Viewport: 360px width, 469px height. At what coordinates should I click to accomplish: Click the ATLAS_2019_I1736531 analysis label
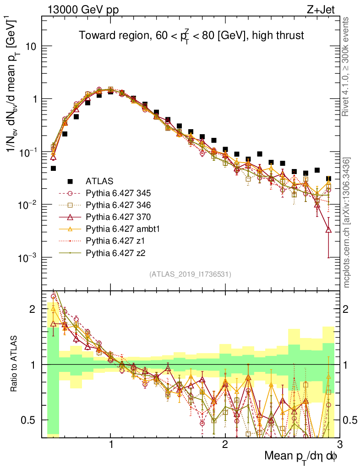[x=190, y=274]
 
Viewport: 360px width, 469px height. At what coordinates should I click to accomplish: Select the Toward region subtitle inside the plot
[x=191, y=35]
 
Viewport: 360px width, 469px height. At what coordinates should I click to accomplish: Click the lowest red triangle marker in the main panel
[x=328, y=229]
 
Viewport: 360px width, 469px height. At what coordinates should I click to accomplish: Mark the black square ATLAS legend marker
[x=70, y=180]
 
